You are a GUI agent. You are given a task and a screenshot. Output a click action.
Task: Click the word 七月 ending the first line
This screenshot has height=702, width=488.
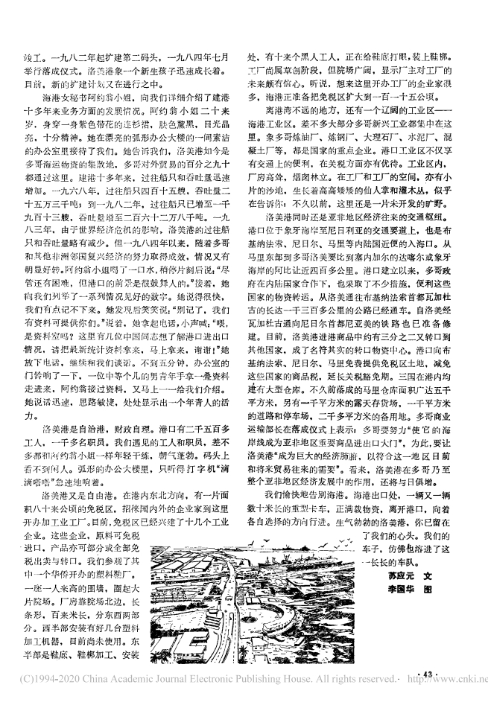click(226, 56)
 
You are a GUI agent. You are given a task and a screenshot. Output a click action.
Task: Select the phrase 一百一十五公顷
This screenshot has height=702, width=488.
click(408, 97)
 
